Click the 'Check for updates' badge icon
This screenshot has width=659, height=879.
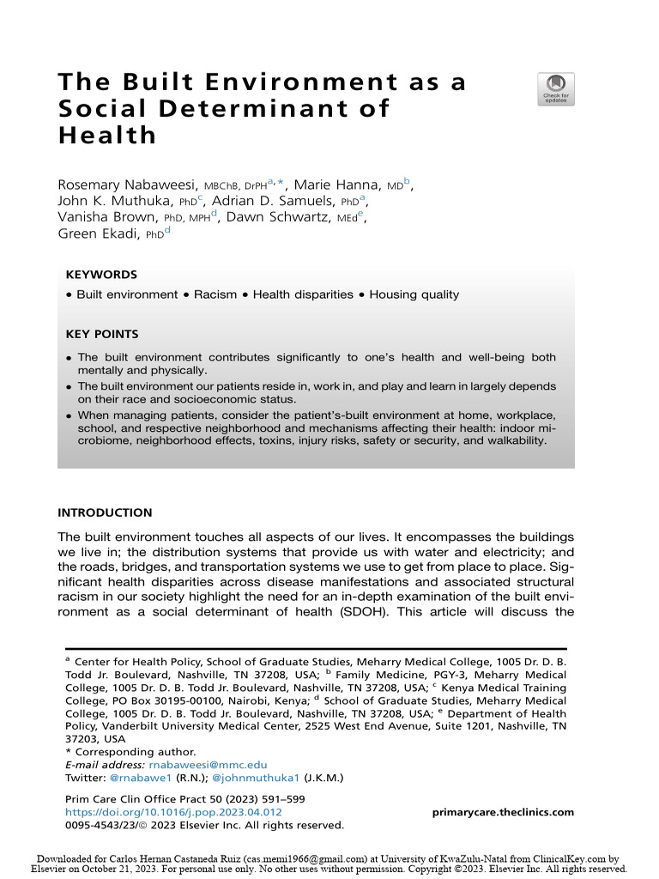pyautogui.click(x=556, y=89)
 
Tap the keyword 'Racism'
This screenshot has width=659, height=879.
pyautogui.click(x=215, y=294)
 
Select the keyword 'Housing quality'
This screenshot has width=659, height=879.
pyautogui.click(x=414, y=294)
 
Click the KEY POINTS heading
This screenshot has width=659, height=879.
pyautogui.click(x=101, y=334)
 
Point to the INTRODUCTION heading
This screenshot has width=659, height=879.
pyautogui.click(x=105, y=512)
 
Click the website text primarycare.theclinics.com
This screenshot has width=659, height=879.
pyautogui.click(x=502, y=812)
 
